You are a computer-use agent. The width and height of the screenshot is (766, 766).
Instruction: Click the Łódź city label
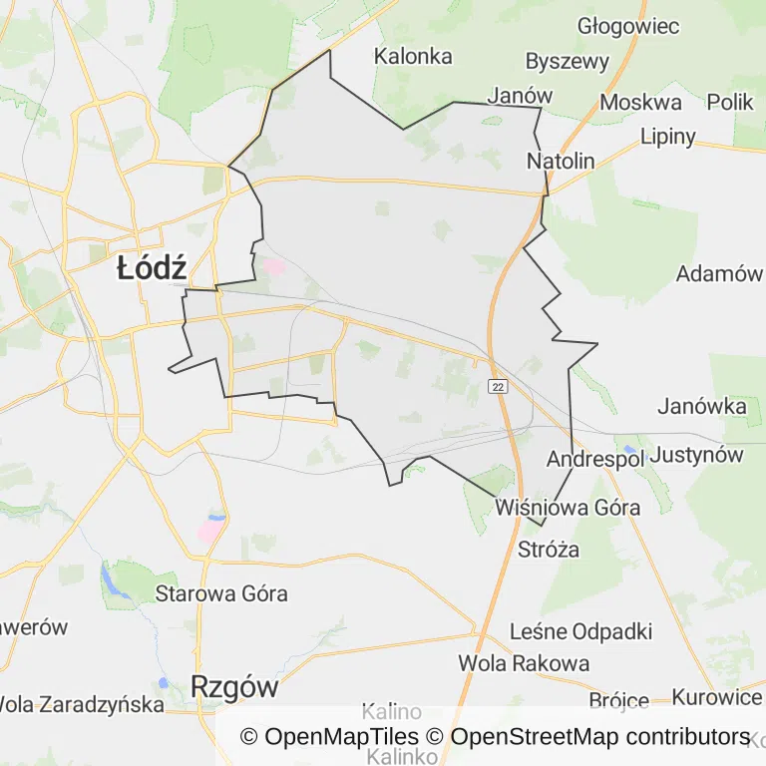coord(152,268)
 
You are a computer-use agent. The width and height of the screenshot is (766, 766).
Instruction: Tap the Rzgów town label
coord(233,687)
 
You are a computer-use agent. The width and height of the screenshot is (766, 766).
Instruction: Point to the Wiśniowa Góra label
coord(568,507)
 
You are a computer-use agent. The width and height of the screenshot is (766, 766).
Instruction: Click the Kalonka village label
coord(413,57)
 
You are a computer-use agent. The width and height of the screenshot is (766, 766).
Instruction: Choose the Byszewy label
coord(567,61)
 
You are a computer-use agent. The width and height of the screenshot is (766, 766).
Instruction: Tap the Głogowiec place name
coord(628,26)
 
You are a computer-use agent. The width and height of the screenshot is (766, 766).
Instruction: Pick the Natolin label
coord(560,161)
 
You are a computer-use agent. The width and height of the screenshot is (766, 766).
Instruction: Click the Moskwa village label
coord(640,102)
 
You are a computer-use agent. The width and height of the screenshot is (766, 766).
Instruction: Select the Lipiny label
coord(668,137)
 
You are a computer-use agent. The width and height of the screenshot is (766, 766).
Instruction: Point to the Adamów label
coord(718,273)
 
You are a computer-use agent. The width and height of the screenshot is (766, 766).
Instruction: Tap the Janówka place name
coord(702,406)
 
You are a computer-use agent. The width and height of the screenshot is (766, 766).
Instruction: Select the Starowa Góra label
coord(221,594)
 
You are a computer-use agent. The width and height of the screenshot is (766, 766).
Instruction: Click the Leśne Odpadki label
coord(580,631)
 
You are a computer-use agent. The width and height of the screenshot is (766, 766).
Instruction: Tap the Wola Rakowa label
coord(524,662)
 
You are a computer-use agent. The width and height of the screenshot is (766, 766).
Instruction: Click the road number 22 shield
coord(498,386)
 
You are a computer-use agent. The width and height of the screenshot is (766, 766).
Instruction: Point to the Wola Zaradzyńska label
coord(82,705)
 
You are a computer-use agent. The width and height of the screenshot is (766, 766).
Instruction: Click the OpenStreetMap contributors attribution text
coord(599,737)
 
